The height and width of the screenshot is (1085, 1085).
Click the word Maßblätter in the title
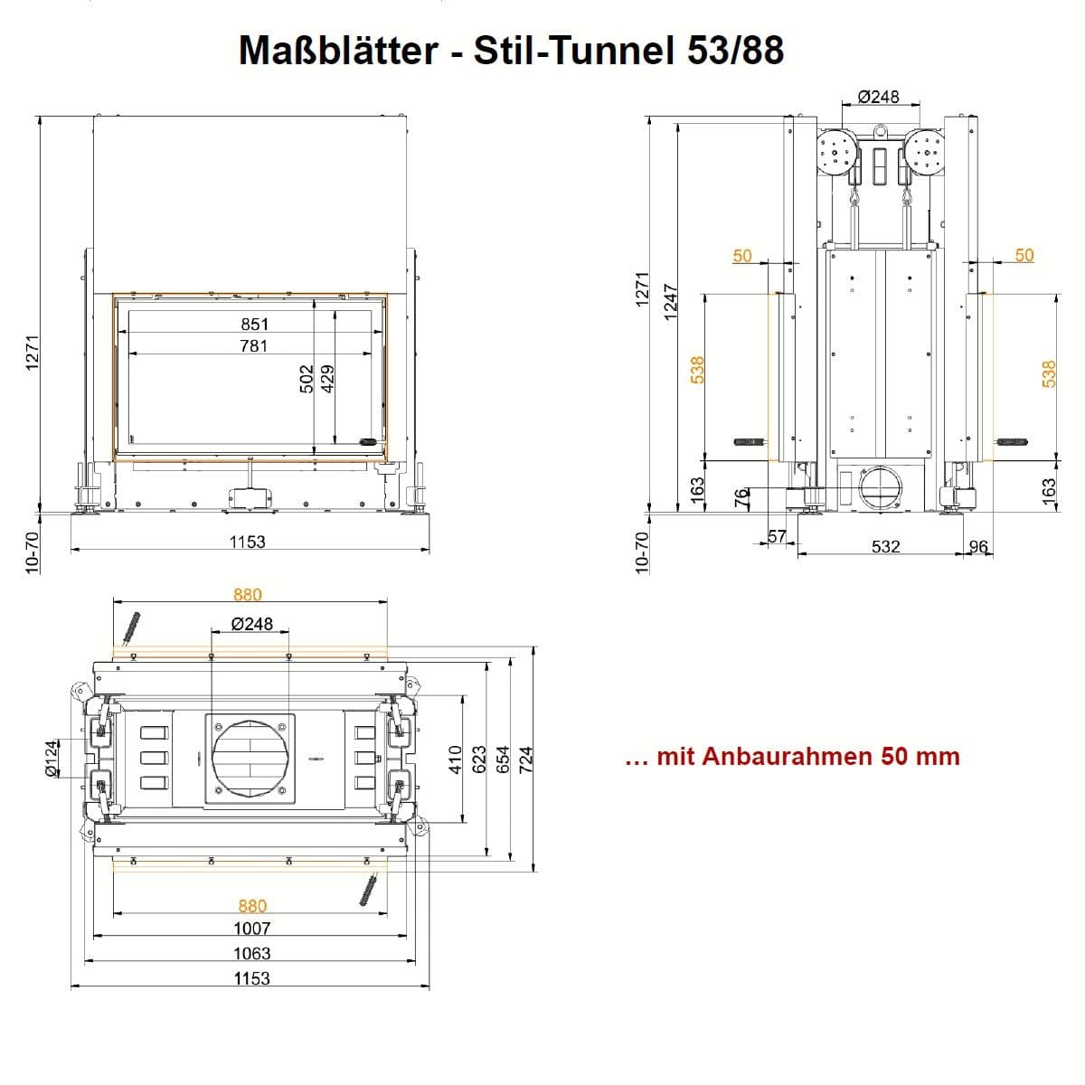(338, 50)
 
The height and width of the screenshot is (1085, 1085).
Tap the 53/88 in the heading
(735, 50)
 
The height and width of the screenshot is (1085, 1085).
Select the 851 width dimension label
(254, 325)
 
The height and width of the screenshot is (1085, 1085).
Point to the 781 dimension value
(254, 345)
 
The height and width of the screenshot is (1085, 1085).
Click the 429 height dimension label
(327, 379)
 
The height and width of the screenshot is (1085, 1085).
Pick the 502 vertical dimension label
(307, 379)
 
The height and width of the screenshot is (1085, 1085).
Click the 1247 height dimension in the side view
(670, 302)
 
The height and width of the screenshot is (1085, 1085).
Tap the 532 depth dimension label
(886, 546)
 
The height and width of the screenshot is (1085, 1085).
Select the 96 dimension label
(978, 546)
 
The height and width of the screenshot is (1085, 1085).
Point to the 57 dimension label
(777, 536)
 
